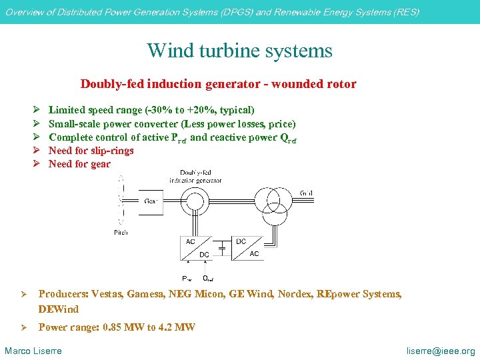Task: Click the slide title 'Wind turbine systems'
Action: tap(239, 51)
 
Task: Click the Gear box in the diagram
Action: tap(152, 201)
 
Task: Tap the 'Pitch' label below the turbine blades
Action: tap(121, 232)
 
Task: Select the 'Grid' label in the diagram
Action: tap(306, 193)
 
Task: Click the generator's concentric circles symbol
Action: tap(196, 201)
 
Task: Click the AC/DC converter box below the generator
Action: tap(197, 247)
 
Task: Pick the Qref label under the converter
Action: tap(207, 278)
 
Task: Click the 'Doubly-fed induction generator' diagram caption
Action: tap(195, 177)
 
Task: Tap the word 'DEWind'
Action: tap(59, 309)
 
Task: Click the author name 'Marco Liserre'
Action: tap(33, 351)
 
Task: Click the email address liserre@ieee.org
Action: tap(441, 351)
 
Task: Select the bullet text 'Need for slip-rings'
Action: tap(91, 151)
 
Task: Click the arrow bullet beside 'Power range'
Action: tap(22, 327)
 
